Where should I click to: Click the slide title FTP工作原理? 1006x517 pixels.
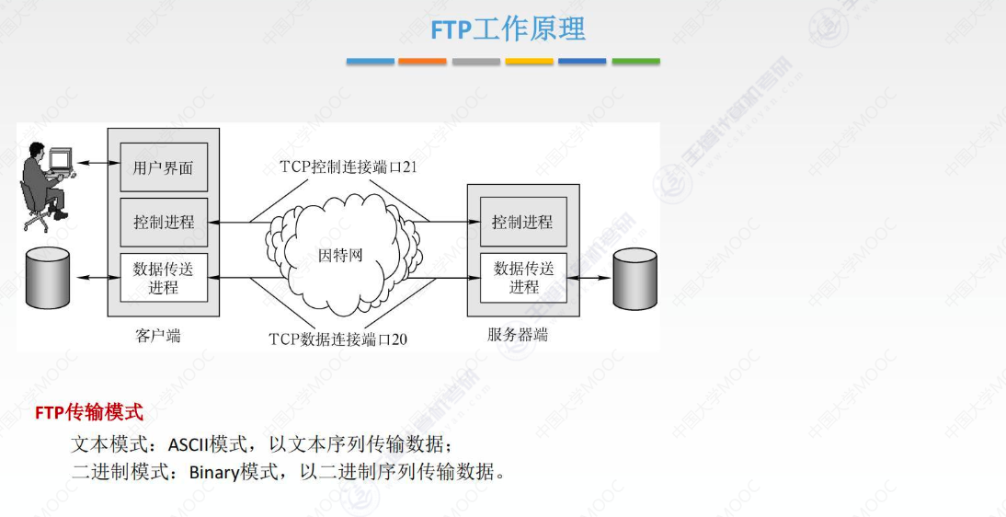point(508,29)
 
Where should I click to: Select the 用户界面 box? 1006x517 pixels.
point(164,167)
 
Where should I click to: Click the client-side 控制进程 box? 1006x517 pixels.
point(164,222)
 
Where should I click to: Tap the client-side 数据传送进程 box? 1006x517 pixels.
point(164,277)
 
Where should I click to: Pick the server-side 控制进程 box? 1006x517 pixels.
point(522,222)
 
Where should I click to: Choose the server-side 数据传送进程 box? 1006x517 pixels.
point(523,277)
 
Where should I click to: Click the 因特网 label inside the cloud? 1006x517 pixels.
point(340,254)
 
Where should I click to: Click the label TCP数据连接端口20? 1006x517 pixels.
point(337,339)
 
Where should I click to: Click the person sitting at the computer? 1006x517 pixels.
point(44,183)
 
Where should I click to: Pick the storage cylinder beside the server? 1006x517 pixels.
point(636,277)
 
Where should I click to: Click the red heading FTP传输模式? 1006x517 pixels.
point(89,412)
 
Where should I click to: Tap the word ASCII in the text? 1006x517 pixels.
point(188,445)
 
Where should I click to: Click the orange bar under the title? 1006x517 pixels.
point(423,62)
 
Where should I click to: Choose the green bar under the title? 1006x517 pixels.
point(635,62)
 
